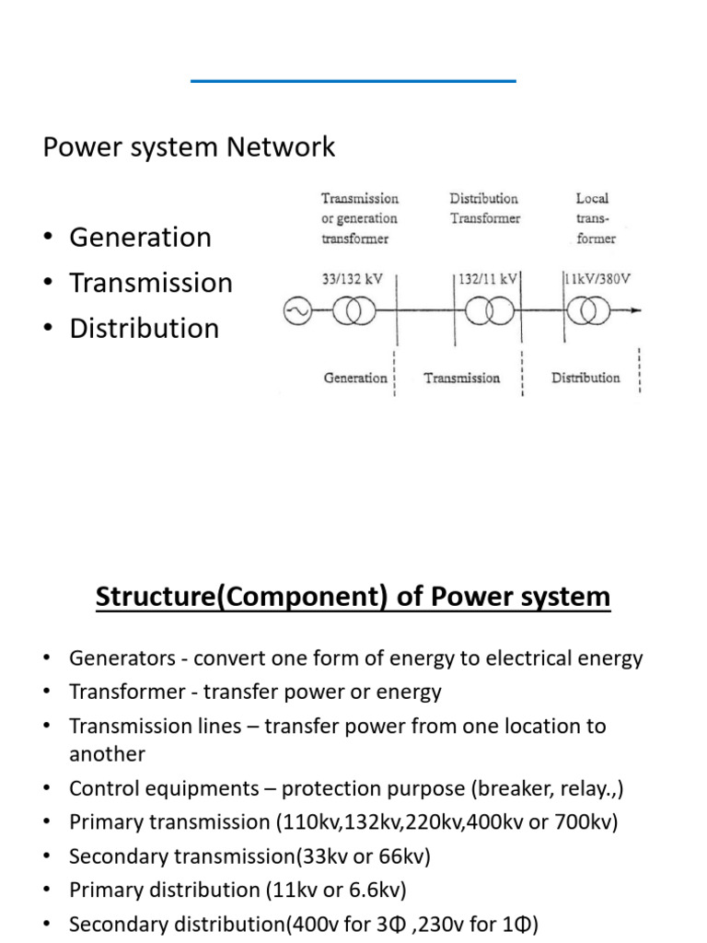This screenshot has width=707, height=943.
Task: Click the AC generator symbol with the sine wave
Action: tap(297, 311)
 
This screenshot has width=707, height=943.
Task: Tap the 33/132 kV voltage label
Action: tap(352, 279)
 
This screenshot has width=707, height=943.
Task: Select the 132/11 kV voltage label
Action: tap(488, 279)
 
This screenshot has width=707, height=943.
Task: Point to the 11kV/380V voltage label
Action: tap(597, 278)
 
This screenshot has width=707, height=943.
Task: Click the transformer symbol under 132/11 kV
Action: tap(490, 311)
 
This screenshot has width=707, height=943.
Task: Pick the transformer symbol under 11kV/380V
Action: tap(588, 311)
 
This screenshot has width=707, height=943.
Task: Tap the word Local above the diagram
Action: tap(592, 199)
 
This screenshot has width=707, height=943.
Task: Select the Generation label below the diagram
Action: tap(355, 378)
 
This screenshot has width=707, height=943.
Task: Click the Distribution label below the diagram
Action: tap(585, 378)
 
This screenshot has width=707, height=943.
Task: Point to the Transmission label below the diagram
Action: tap(462, 378)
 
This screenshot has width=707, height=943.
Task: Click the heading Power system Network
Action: tap(189, 147)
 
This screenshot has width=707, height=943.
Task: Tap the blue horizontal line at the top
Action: tap(353, 81)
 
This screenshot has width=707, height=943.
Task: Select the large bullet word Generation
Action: tap(141, 237)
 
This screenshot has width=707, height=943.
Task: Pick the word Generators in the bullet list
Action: tap(122, 658)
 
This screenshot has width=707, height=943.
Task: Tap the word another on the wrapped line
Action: tap(107, 754)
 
